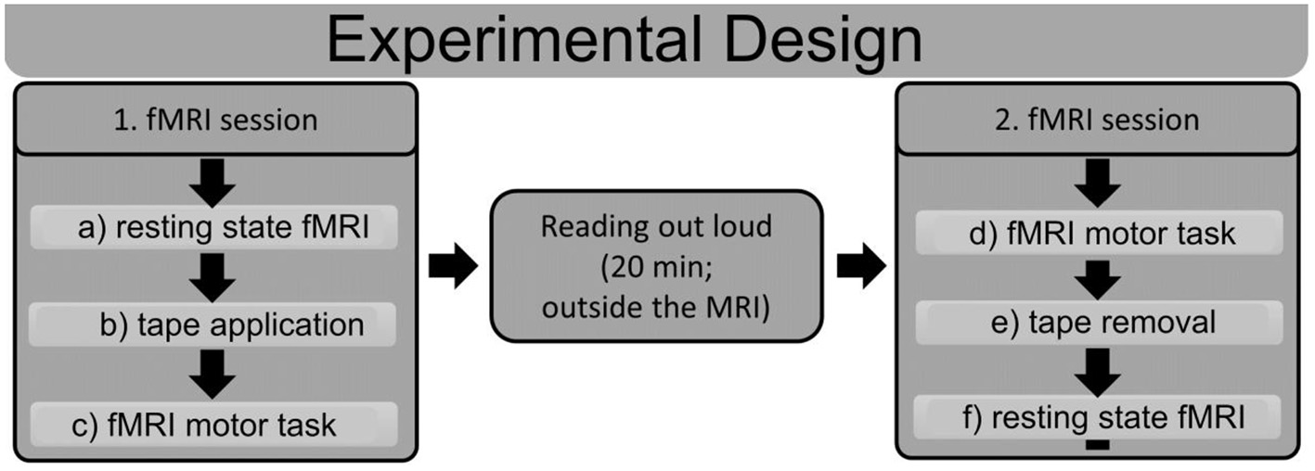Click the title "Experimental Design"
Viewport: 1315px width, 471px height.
click(624, 39)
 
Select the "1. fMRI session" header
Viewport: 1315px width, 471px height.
click(215, 120)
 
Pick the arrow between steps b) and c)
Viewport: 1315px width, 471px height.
click(215, 376)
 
